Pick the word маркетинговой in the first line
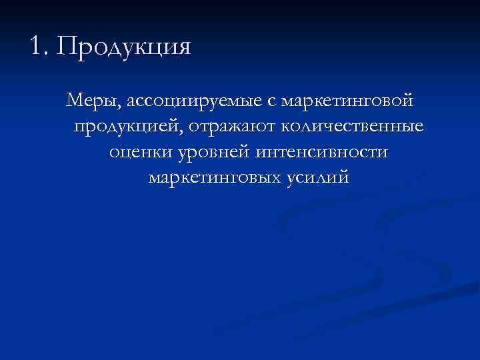click(347, 103)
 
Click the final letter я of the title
click(183, 48)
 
